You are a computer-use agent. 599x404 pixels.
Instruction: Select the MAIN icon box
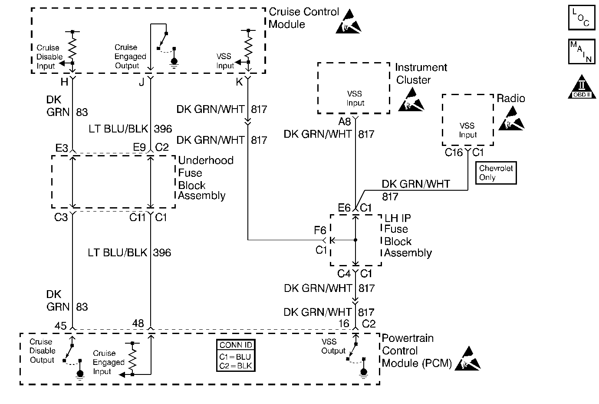coord(581,52)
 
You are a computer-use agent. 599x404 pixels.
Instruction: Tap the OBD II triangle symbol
coord(581,87)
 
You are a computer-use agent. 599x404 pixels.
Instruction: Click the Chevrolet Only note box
coord(496,173)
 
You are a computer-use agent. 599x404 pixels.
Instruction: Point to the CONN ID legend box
coord(236,355)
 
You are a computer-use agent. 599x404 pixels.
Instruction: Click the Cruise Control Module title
coord(303,18)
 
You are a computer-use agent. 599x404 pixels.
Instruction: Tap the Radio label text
coord(511,99)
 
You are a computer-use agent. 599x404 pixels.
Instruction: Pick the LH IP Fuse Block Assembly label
coord(408,235)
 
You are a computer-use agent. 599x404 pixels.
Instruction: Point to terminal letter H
coord(65,82)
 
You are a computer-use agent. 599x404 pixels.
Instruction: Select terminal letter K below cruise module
coord(239,82)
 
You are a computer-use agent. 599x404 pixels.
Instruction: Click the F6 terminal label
coord(320,230)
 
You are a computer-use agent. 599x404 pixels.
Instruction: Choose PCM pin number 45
coord(61,325)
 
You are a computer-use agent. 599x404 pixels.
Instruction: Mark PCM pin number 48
coord(138,323)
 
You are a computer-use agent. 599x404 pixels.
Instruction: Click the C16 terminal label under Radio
coord(454,152)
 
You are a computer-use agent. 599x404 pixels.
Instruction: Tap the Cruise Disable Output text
coord(42,351)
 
